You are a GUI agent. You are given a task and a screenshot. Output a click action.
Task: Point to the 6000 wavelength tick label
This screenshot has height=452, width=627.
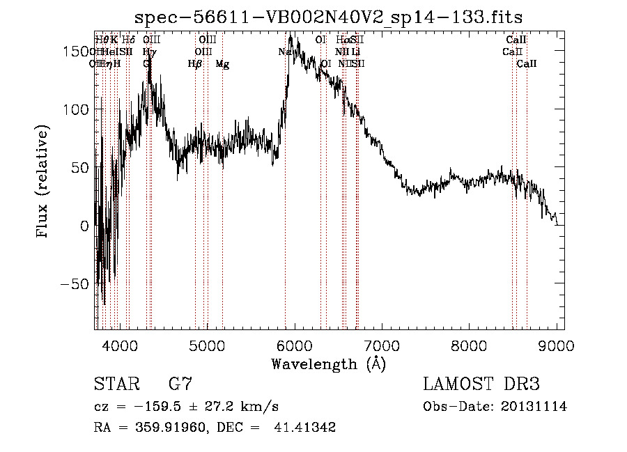click(294, 345)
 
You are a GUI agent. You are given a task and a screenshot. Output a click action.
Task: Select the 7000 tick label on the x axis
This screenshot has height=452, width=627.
click(382, 345)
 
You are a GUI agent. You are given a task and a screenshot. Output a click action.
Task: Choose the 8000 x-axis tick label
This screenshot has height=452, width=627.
click(470, 345)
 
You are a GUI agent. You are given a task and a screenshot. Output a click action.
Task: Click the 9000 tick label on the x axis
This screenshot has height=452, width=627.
click(557, 345)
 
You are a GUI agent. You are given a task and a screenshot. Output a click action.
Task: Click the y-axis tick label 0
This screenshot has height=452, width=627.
click(84, 226)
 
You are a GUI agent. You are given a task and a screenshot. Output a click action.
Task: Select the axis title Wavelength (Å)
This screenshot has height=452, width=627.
click(328, 364)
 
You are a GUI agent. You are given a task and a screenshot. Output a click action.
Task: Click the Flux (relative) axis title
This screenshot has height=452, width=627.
click(44, 182)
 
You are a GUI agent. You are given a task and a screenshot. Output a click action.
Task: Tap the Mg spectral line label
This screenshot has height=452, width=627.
click(222, 64)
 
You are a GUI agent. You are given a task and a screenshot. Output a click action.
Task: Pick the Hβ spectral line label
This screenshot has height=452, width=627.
click(195, 64)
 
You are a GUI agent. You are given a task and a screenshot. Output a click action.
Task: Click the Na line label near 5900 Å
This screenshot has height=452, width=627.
click(284, 52)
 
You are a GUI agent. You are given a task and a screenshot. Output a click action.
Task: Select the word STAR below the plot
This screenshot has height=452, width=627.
click(115, 384)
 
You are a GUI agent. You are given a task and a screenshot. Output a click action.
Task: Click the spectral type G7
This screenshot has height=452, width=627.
click(180, 384)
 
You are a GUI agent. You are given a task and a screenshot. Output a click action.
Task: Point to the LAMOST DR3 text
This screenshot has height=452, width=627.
click(481, 384)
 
